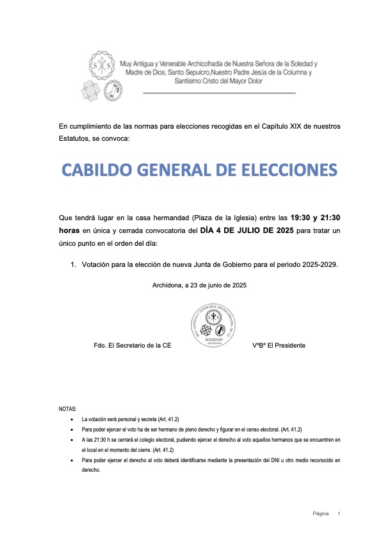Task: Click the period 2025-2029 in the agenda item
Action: click(x=318, y=264)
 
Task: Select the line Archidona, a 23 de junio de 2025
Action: click(x=200, y=285)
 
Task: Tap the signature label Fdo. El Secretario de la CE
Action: click(x=133, y=345)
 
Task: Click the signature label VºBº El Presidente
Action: click(x=279, y=345)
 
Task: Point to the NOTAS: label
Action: click(x=67, y=408)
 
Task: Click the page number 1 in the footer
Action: click(x=339, y=513)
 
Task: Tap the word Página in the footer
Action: click(x=321, y=513)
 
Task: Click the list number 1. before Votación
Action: click(x=74, y=264)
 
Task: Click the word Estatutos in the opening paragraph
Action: click(x=75, y=139)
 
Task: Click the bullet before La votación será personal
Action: click(x=79, y=419)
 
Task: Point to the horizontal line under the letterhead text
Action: click(x=218, y=93)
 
